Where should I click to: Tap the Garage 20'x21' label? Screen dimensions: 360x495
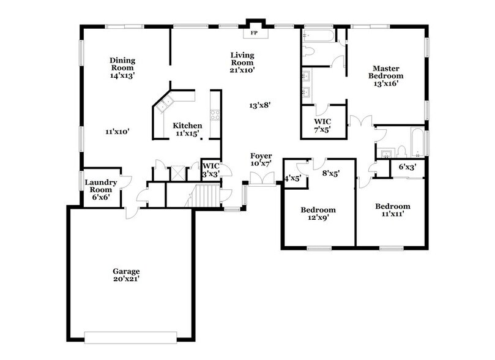click(126, 275)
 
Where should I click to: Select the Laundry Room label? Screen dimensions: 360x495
click(101, 190)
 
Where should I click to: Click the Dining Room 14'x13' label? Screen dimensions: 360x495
click(122, 68)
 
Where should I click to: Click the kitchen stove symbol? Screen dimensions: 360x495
click(215, 114)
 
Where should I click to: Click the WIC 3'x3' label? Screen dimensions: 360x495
click(211, 170)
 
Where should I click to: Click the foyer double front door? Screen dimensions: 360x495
click(262, 178)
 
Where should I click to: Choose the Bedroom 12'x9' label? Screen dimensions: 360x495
click(318, 214)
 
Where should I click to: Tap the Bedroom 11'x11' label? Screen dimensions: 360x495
click(392, 210)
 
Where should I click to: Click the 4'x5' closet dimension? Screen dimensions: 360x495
click(293, 179)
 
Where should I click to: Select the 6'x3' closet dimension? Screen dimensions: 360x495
click(408, 167)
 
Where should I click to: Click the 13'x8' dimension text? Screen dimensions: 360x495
click(259, 105)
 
